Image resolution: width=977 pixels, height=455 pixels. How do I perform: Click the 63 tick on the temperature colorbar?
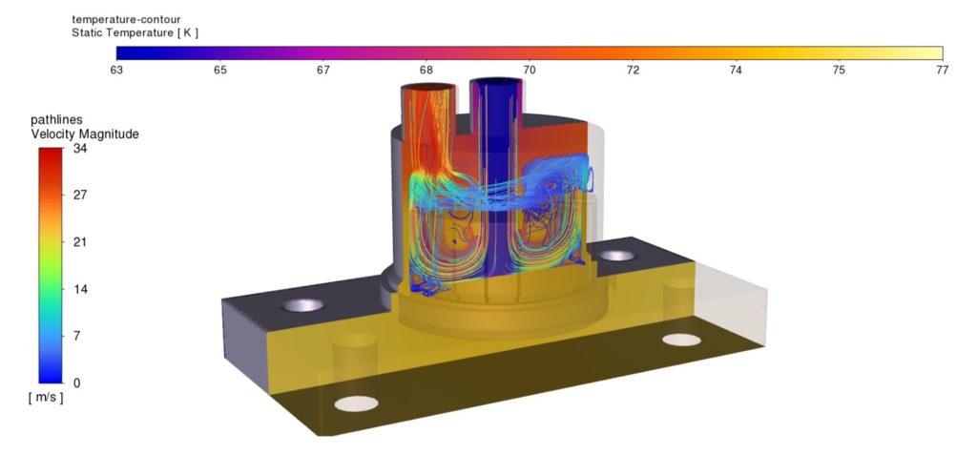(x=116, y=70)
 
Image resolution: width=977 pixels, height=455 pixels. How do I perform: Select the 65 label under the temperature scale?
(x=220, y=70)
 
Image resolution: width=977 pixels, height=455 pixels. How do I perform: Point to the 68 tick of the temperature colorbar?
(x=426, y=70)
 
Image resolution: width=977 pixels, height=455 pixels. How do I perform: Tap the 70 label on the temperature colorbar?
(x=530, y=70)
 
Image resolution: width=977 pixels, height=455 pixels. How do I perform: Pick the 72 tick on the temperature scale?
(x=634, y=70)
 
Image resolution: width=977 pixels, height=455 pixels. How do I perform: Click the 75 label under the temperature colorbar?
(x=840, y=70)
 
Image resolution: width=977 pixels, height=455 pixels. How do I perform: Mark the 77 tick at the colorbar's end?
(x=943, y=70)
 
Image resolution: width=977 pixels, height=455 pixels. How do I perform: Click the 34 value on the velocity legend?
(x=80, y=149)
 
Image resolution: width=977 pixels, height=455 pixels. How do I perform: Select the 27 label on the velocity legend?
(x=80, y=196)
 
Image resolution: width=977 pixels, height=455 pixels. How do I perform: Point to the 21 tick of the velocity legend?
(x=80, y=242)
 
